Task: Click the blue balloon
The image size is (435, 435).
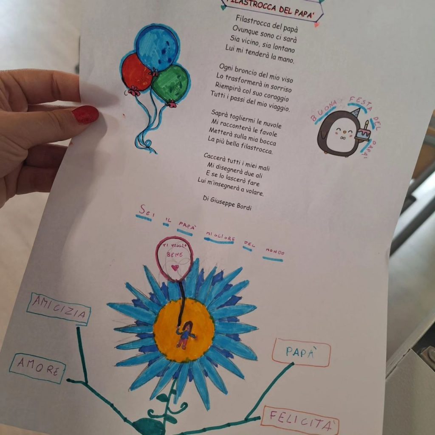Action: [157, 48]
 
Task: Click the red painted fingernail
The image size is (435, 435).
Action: [85, 114]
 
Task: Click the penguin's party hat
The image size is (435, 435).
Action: [356, 113]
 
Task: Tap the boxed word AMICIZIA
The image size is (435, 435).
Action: [59, 309]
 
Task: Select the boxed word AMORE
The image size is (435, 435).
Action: [38, 368]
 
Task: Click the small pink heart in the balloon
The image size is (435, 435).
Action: [175, 268]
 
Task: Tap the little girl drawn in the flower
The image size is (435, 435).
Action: [185, 334]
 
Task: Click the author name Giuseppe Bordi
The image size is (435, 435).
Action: [231, 203]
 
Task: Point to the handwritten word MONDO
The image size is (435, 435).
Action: [275, 251]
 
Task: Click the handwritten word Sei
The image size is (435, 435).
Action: [147, 211]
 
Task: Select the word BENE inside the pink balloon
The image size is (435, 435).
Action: [175, 254]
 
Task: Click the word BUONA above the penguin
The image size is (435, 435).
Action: [323, 111]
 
